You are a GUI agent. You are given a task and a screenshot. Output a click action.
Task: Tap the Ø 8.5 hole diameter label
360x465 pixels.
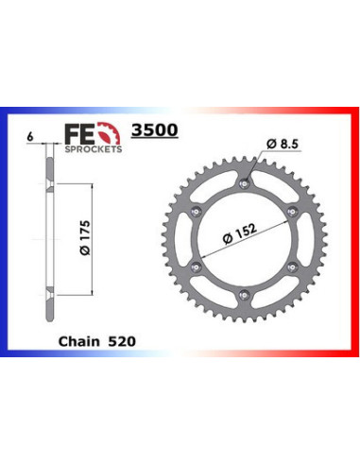coord(283,143)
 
